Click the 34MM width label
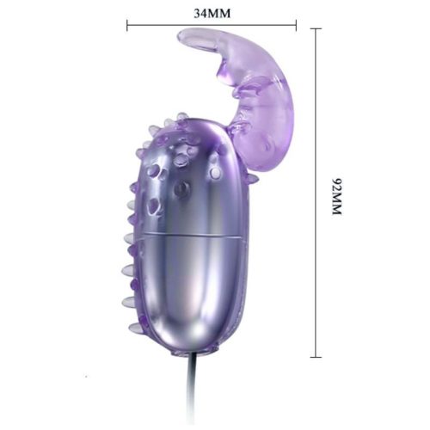(212, 14)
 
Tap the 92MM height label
(337, 196)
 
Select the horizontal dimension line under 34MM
(212, 25)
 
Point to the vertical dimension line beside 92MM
(316, 193)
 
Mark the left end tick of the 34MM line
(127, 25)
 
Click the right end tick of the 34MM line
(296, 25)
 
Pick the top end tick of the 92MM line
(316, 28)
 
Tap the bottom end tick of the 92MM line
(316, 357)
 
